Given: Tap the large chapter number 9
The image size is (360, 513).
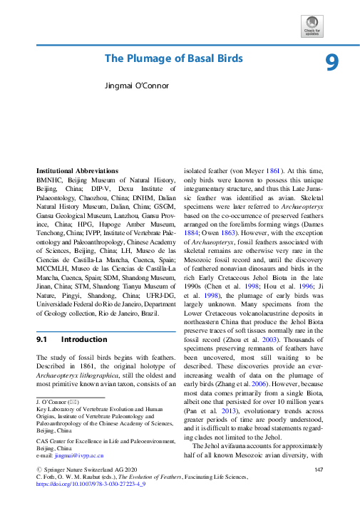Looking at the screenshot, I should click(x=331, y=63).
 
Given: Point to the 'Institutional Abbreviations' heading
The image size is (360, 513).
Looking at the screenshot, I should click(x=78, y=172).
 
